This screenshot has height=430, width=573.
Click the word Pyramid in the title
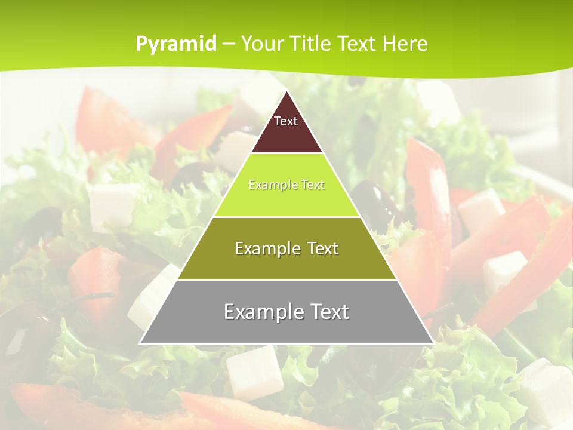[175, 44]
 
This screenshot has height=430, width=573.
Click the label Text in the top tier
[286, 121]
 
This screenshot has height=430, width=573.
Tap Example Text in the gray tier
[286, 312]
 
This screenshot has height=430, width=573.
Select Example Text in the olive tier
[286, 248]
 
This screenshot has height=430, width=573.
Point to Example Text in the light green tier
[286, 185]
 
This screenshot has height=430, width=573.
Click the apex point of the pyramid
[286, 91]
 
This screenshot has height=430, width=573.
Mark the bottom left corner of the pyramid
[140, 343]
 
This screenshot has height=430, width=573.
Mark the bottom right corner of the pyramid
[433, 343]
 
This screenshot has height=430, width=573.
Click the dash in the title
[228, 44]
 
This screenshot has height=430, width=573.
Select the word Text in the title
[358, 44]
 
